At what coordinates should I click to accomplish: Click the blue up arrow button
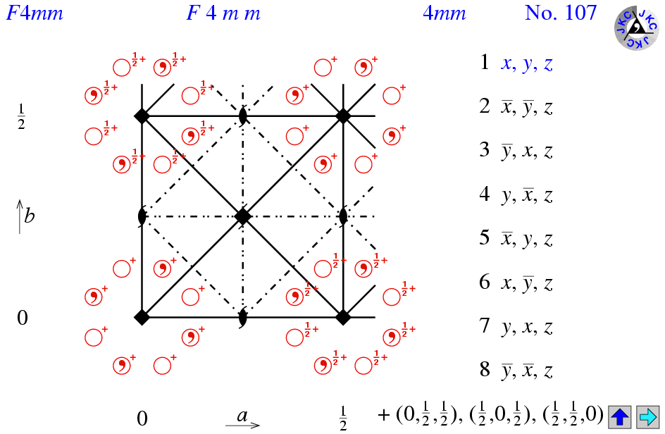tap(620, 416)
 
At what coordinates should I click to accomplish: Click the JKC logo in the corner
tap(637, 28)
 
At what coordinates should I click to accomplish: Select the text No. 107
tap(560, 13)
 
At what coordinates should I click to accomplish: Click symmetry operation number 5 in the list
tap(516, 238)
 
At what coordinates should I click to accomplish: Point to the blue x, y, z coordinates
tap(527, 63)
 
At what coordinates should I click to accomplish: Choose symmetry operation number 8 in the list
tap(516, 370)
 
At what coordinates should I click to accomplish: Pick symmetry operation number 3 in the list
tap(516, 151)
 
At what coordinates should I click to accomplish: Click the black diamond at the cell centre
tap(242, 216)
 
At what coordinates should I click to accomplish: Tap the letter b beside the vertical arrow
tap(30, 216)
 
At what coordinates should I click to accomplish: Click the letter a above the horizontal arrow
tap(242, 415)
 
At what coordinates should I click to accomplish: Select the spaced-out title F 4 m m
tap(223, 13)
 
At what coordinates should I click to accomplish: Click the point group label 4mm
tap(444, 13)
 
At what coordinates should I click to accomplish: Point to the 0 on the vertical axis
tap(23, 317)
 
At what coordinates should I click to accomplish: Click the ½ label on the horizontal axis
tap(343, 418)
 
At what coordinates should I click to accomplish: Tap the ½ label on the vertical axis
tap(21, 117)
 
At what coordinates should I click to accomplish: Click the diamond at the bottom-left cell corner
tap(142, 317)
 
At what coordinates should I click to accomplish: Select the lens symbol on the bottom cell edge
tap(242, 317)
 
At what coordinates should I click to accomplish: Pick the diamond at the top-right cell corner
tap(343, 116)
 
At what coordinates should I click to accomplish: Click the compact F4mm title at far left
tap(35, 13)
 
